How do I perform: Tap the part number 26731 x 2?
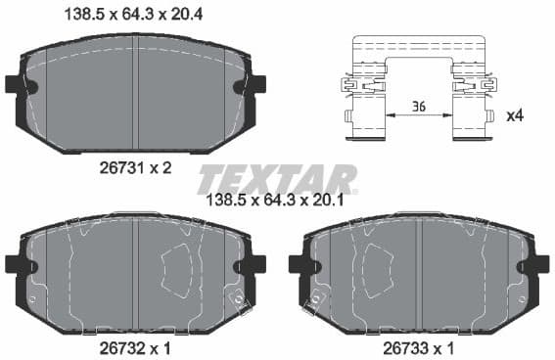point(137,167)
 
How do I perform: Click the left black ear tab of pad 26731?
point(15,85)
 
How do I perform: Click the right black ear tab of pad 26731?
point(257,85)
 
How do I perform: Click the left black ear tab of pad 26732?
point(15,263)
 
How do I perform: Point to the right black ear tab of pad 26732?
point(256,263)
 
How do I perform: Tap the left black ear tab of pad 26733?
point(298,264)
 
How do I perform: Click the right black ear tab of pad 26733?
point(539,264)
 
